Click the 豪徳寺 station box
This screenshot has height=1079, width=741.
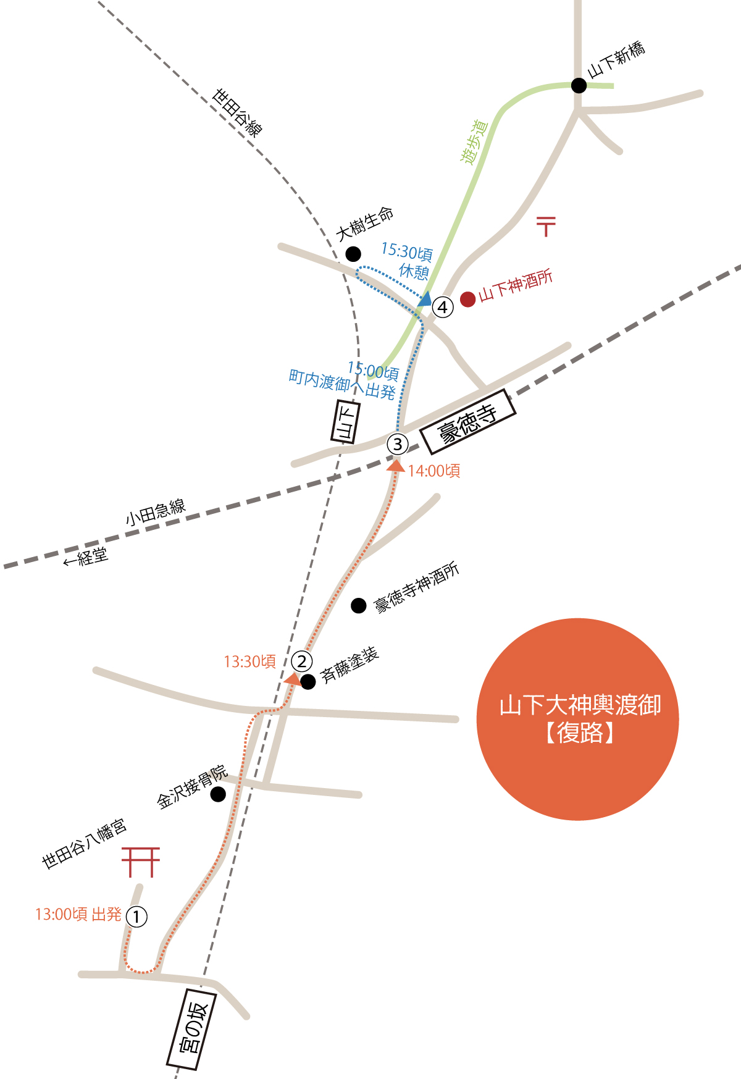coord(468,422)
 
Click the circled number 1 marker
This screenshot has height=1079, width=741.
coord(136,917)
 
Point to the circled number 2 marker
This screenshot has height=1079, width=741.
coord(301,661)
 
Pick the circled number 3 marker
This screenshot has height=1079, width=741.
coord(398,444)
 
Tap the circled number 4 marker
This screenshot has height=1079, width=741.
coord(443,307)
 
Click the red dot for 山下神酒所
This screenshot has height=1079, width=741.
coord(468,300)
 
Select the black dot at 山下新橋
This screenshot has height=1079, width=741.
coord(579,85)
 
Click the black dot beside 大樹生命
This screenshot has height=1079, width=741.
coord(353,254)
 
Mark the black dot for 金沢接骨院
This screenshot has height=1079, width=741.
coord(218,794)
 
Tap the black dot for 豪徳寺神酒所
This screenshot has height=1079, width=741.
coord(359,606)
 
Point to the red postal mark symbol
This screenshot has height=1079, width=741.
coord(546,226)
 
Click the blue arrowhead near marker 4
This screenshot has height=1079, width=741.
coord(425,299)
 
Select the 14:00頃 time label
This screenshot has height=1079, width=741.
coord(434,471)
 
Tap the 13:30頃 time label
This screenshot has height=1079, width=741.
coord(249,662)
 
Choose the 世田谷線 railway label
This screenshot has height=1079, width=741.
coord(237,112)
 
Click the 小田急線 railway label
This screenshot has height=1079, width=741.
coord(156,513)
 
